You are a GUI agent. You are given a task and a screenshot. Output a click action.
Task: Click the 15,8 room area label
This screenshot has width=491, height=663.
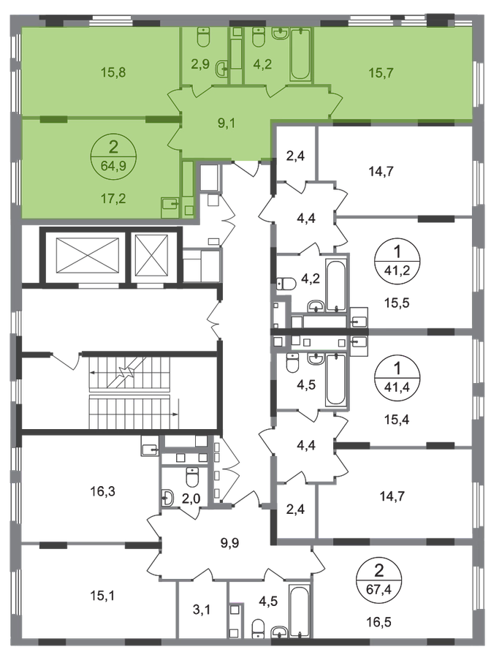[x=113, y=72]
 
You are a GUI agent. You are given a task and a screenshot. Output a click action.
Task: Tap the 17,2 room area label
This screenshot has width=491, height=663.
[x=113, y=198]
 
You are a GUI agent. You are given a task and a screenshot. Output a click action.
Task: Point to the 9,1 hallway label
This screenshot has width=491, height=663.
[x=227, y=124]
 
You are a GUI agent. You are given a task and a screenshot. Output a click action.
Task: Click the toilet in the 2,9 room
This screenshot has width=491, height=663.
[x=204, y=37]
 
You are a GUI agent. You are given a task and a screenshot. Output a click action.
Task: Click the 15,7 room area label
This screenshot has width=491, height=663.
[x=381, y=72]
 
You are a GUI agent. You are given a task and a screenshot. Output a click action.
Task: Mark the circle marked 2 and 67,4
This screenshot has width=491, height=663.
[x=378, y=579]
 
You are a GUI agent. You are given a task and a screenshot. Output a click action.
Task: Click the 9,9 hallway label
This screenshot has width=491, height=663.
[x=230, y=542]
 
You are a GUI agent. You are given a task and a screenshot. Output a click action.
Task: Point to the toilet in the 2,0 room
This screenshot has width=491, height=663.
[x=192, y=477]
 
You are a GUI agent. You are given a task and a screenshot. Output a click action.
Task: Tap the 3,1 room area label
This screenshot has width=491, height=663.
[x=201, y=610]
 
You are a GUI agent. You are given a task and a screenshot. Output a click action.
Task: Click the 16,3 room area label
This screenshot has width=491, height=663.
[x=103, y=492]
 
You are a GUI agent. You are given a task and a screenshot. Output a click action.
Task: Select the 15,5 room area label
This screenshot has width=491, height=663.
[x=397, y=303]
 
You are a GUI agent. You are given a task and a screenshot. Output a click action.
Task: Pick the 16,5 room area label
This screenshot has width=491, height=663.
[x=378, y=622]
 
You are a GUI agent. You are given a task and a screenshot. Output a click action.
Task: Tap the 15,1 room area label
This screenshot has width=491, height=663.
[x=103, y=596]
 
